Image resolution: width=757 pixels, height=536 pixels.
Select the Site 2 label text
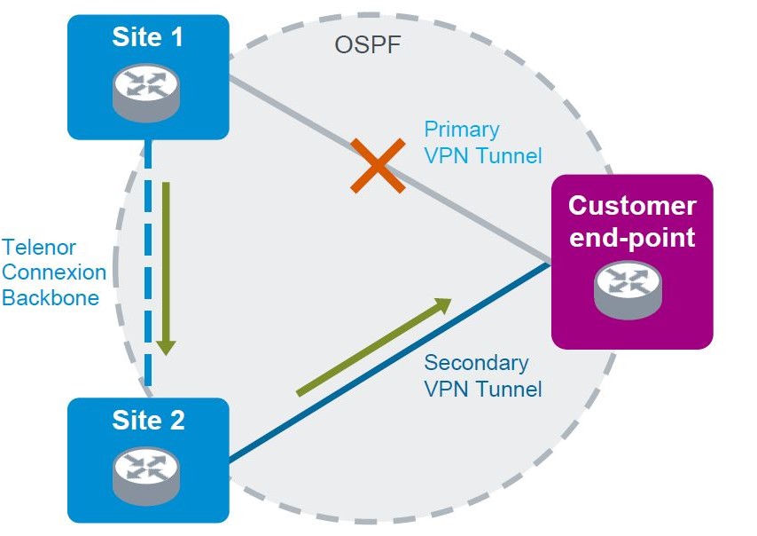[148, 420]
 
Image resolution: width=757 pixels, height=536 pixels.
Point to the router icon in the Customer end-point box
[628, 289]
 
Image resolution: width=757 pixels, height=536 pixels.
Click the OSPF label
[367, 44]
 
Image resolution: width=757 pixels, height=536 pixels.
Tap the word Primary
[461, 129]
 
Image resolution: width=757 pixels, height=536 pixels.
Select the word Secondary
[476, 362]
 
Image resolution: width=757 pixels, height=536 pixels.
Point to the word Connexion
[53, 272]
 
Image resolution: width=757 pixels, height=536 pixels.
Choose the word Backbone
[50, 297]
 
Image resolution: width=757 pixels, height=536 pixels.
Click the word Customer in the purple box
[632, 206]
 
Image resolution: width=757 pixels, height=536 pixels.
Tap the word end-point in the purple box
[632, 237]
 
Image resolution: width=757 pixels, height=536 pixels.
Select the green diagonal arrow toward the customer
[373, 347]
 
